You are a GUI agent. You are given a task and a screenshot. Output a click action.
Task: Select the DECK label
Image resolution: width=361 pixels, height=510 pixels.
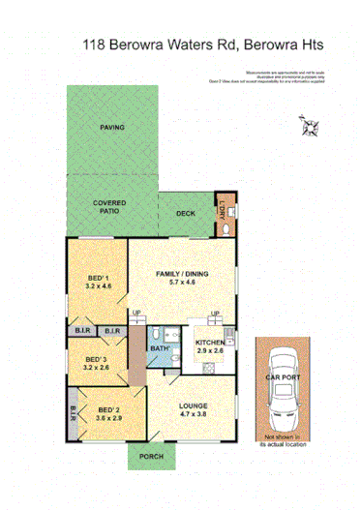(186, 214)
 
